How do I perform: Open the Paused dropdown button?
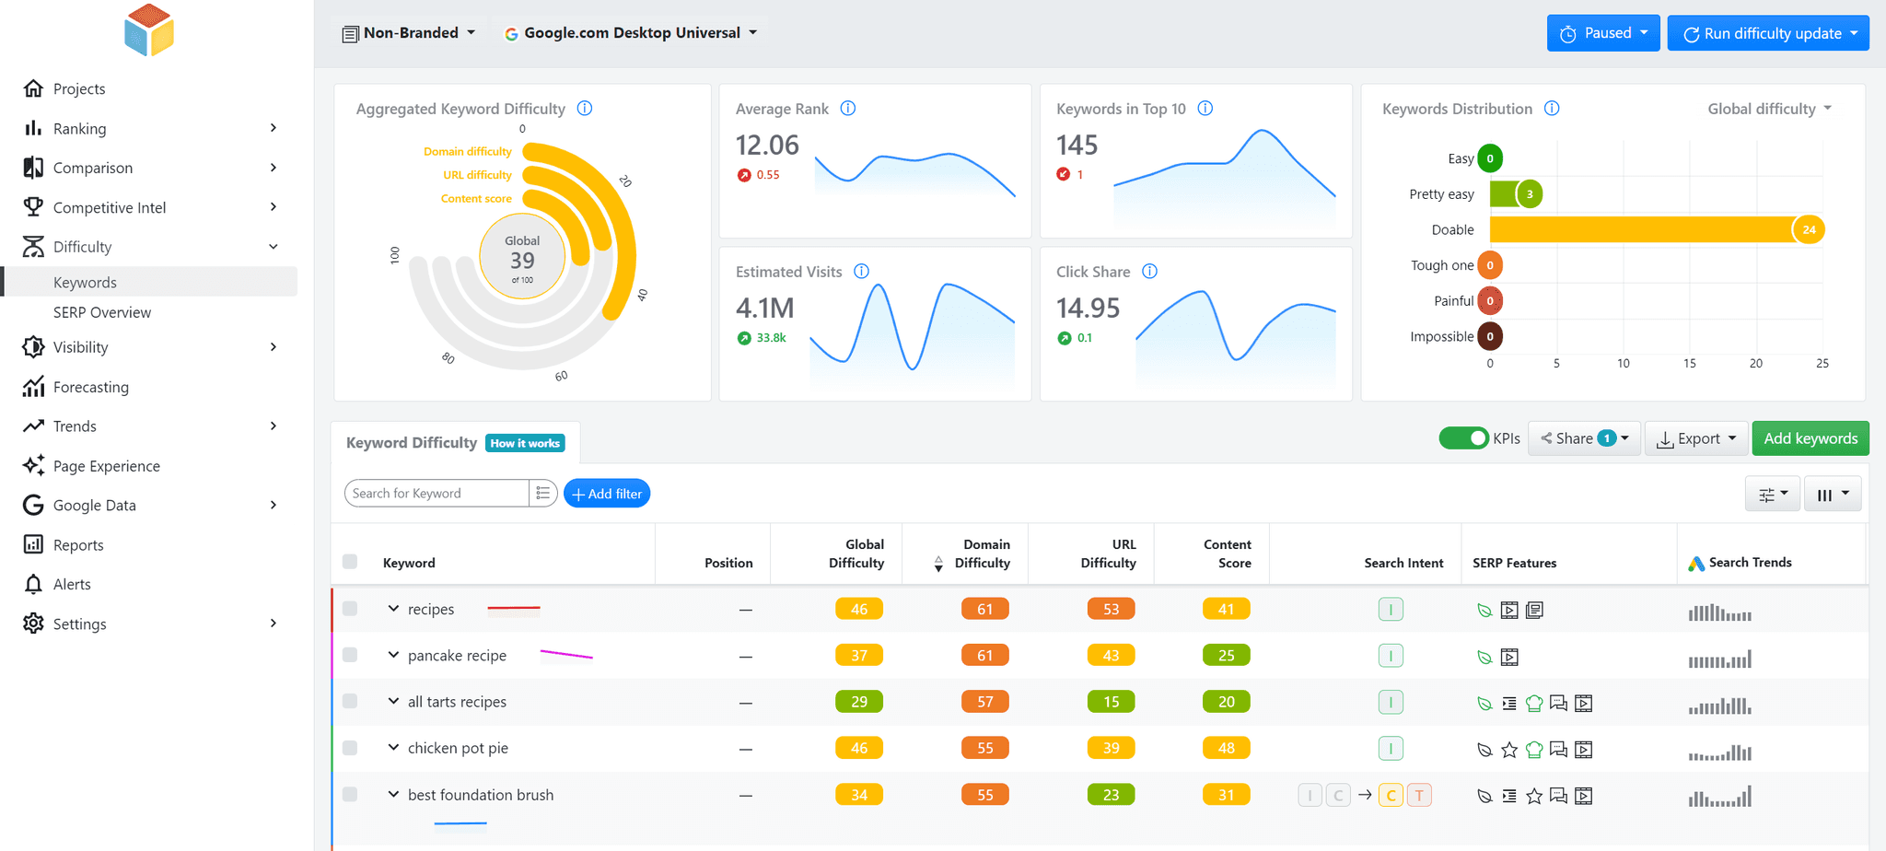click(x=1602, y=33)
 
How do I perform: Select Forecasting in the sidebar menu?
click(x=90, y=387)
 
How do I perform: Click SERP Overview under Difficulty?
click(x=101, y=312)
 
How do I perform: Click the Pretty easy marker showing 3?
click(x=1530, y=194)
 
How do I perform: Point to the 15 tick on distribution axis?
click(x=1689, y=364)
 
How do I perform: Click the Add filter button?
click(x=607, y=494)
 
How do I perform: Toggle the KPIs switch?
click(x=1463, y=438)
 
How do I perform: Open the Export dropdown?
click(x=1696, y=438)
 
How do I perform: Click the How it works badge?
click(x=525, y=443)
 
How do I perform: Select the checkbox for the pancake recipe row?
click(x=350, y=655)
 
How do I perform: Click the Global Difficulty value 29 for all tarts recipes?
click(x=858, y=702)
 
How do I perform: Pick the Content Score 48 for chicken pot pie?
click(x=1226, y=748)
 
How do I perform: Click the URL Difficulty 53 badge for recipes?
click(x=1111, y=609)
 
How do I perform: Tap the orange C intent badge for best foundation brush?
click(x=1391, y=795)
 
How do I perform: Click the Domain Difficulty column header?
click(x=982, y=554)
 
